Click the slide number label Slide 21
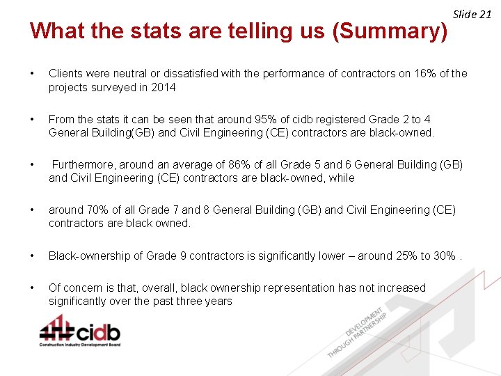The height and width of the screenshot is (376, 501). [x=472, y=14]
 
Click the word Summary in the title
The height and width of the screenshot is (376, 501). [x=390, y=31]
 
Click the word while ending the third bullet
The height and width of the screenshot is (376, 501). [x=342, y=178]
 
